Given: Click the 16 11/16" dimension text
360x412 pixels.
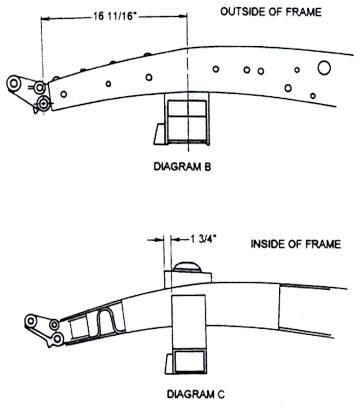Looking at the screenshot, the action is coord(114,16).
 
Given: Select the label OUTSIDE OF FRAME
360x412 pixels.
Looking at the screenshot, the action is coord(271,12).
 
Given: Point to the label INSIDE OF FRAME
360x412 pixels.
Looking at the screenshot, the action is coord(296,244).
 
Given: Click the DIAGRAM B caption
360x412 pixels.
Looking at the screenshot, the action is coord(182,166).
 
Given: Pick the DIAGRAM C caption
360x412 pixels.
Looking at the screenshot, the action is coord(196,394).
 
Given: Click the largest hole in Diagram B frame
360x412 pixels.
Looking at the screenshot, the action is coord(324,68).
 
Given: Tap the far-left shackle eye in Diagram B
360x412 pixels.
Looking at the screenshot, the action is coord(14,83).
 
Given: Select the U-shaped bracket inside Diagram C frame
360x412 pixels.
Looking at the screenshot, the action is coord(108,321).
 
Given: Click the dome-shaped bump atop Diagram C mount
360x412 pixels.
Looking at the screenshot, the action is coord(187,266).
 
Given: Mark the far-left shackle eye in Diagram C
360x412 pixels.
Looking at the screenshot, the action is coord(31,321).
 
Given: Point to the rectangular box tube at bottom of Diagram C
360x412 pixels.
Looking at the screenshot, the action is coord(189,361).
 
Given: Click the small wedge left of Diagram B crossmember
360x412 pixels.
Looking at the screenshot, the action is coord(159,134).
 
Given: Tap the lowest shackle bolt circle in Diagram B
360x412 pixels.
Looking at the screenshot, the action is coord(43,104).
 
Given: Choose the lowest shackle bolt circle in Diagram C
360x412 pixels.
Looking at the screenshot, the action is coord(58,339).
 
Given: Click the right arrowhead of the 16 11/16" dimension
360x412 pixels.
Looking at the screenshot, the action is coord(182,16).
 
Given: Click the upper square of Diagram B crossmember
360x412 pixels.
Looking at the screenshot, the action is coord(187,108).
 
